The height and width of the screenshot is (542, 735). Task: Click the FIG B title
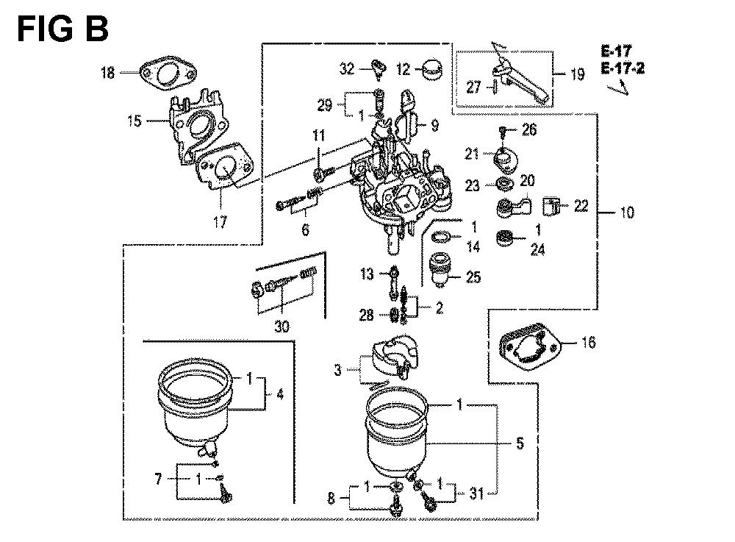pyautogui.click(x=62, y=29)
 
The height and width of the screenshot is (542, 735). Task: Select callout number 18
pyautogui.click(x=108, y=72)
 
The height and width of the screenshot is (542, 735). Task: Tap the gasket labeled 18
pyautogui.click(x=168, y=74)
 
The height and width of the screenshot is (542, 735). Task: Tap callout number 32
pyautogui.click(x=348, y=69)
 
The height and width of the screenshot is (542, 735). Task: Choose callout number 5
pyautogui.click(x=520, y=443)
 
